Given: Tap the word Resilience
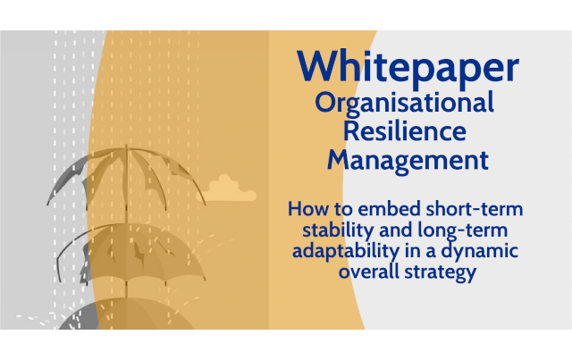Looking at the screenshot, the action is tap(405, 130).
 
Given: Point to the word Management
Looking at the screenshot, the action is tap(408, 161).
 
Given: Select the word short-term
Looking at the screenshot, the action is tap(475, 209).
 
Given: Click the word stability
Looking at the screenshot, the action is tap(338, 230).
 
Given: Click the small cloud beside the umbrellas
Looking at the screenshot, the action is tap(226, 189).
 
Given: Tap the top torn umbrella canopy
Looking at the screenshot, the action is tap(126, 175).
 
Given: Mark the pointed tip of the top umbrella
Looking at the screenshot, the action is tap(127, 145).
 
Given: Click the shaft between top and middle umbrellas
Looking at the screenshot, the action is tap(127, 216).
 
